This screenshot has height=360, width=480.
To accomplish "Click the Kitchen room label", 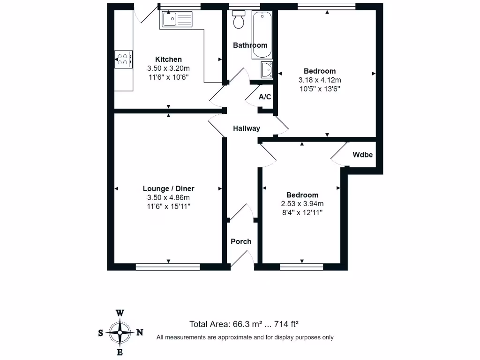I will point(168,60).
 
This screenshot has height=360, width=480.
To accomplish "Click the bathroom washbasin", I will point(267,70).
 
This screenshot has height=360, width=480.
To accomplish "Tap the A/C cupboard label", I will point(265,97).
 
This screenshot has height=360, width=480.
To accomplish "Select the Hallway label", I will point(247,128).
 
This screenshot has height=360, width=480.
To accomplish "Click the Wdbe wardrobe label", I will point(363,154).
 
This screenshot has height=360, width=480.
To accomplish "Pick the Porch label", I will point(241,241).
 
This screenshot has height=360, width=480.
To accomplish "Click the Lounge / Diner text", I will point(168,188).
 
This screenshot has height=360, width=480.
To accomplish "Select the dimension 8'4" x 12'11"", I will point(302,212).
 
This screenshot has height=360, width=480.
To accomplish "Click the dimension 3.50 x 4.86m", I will point(168,197).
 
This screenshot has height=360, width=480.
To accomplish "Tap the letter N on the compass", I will point(139,332).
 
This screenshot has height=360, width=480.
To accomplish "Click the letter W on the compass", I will point(120,313).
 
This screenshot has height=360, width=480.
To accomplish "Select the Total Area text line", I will point(244,324).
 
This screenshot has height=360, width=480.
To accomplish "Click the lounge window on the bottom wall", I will point(168,267).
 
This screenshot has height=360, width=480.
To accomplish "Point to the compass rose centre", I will point(120,332).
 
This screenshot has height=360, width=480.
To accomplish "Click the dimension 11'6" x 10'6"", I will point(168,77).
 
